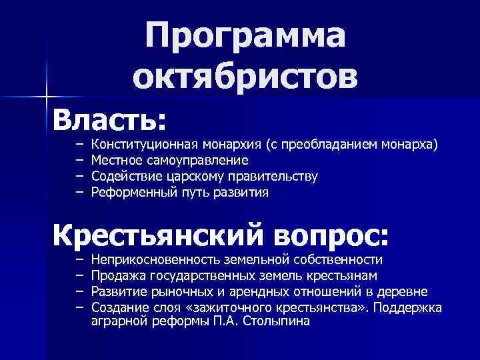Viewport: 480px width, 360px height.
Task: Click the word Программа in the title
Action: click(245, 35)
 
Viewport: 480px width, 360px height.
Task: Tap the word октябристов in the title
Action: click(245, 77)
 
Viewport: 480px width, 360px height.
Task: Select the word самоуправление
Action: click(193, 160)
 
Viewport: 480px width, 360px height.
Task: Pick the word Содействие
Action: click(120, 177)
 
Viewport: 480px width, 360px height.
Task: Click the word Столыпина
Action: click(277, 321)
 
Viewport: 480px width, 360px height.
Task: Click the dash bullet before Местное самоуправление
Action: click(78, 160)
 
